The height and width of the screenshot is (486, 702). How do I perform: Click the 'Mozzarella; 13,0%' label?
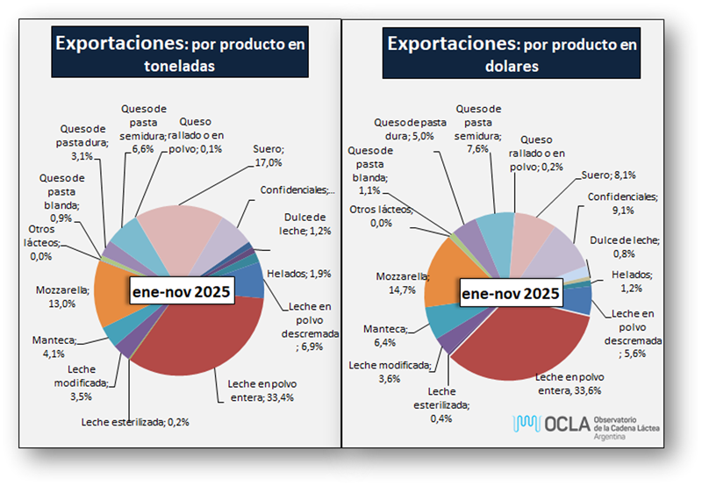[x=62, y=296]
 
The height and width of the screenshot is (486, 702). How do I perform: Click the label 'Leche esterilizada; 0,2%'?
[x=135, y=422]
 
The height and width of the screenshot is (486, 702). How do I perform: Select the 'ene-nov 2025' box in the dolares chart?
[x=512, y=293]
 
